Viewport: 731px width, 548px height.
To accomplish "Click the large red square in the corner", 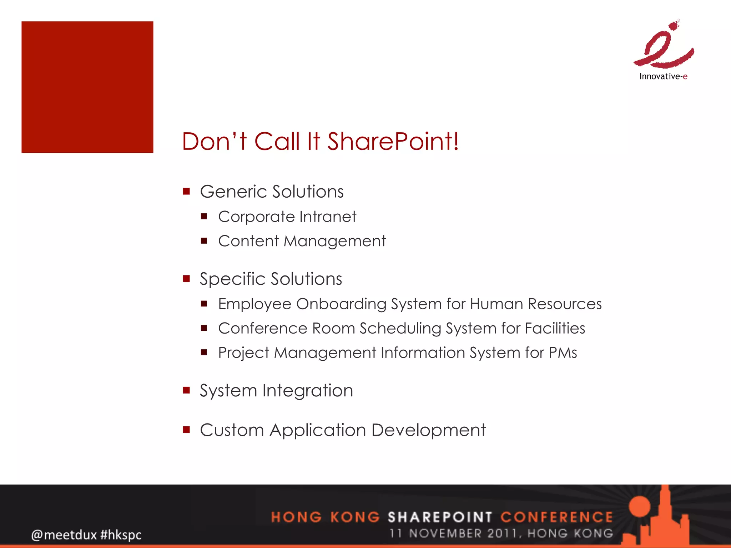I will pyautogui.click(x=87, y=87).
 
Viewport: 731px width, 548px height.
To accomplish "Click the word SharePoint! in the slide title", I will pyautogui.click(x=393, y=141).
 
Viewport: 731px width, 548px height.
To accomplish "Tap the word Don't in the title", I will pyautogui.click(x=214, y=141).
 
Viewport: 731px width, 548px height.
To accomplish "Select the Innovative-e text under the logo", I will pyautogui.click(x=663, y=76).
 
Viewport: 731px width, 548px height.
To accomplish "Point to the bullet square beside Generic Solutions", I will pyautogui.click(x=186, y=191).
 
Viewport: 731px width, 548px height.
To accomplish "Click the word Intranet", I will pyautogui.click(x=328, y=217).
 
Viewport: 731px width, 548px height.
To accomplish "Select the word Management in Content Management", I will pyautogui.click(x=334, y=241).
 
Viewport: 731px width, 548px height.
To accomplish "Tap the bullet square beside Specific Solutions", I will pyautogui.click(x=186, y=278).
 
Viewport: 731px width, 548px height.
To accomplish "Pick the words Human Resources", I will pyautogui.click(x=536, y=304).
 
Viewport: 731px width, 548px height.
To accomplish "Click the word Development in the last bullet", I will pyautogui.click(x=428, y=430).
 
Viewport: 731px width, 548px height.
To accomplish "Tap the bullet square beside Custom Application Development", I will pyautogui.click(x=186, y=430).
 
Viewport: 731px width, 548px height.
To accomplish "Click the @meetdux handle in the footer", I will pyautogui.click(x=64, y=535).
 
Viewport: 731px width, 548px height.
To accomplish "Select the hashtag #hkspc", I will pyautogui.click(x=121, y=535).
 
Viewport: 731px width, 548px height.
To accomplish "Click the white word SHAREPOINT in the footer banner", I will pyautogui.click(x=440, y=517).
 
